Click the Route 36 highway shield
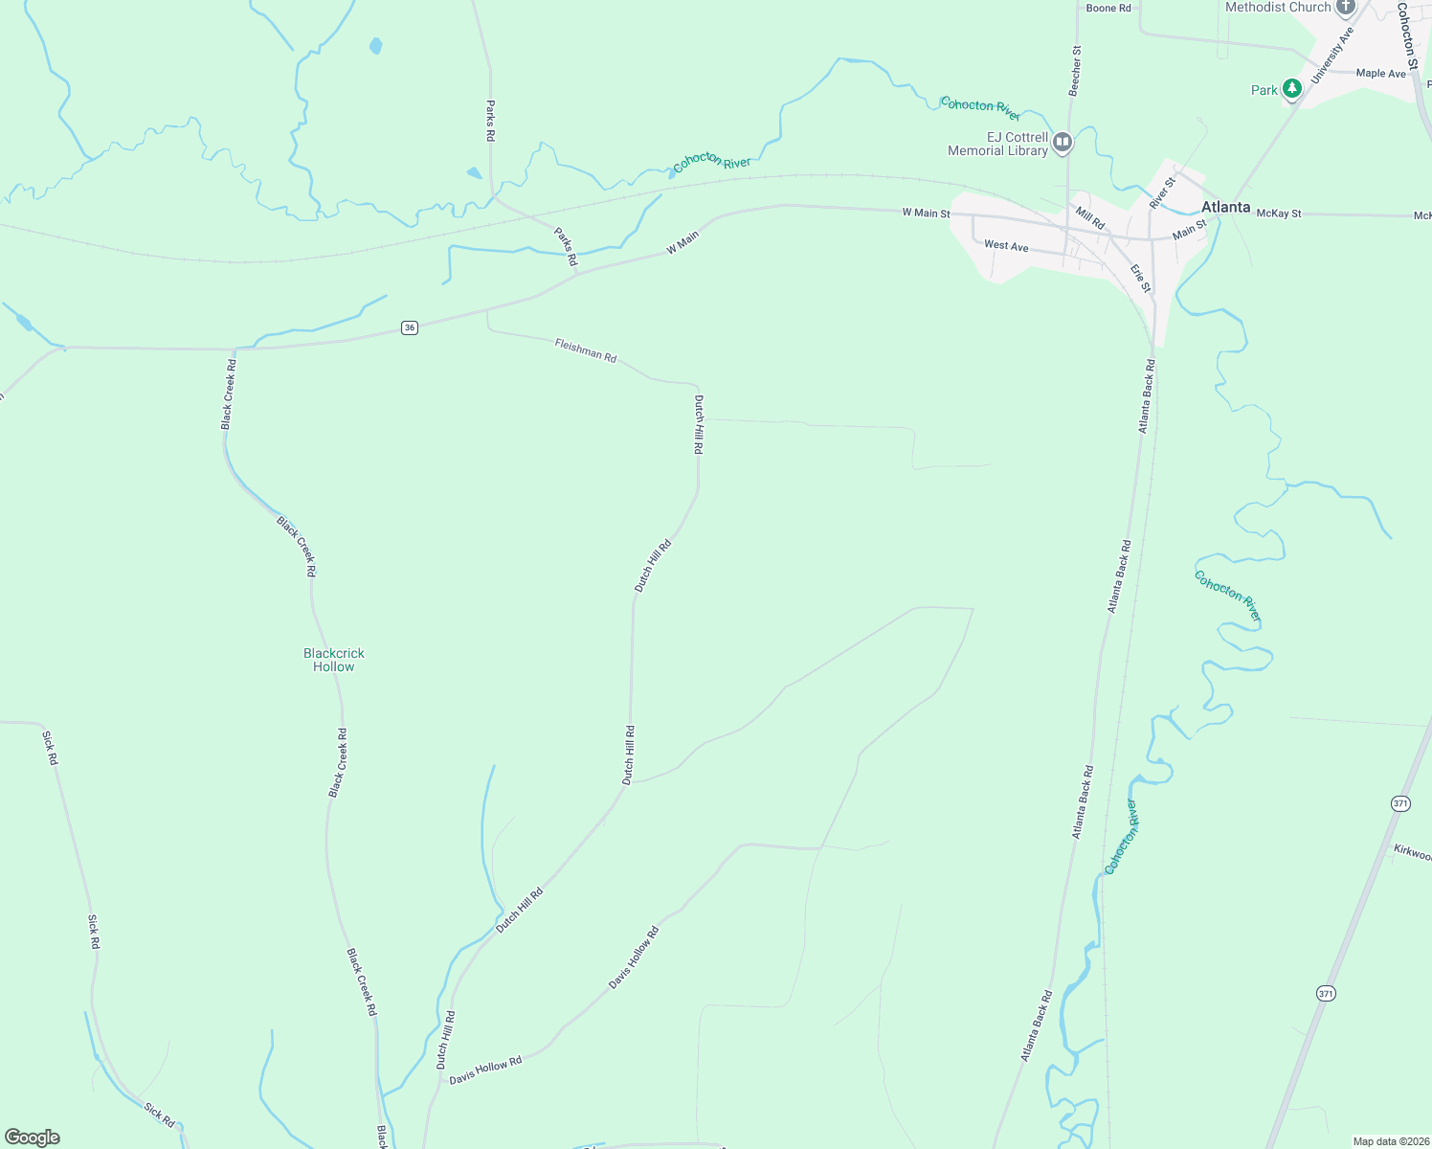410,327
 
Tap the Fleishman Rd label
585,349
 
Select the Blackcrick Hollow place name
334,660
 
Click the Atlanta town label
1225,207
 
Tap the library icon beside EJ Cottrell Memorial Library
1062,144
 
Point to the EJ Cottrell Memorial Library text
997,144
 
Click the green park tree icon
1292,89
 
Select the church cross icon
1346,8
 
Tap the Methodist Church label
1278,7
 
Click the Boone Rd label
1108,8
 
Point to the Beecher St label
1075,70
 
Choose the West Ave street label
1006,246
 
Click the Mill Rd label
1089,217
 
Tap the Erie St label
1140,278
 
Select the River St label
1162,193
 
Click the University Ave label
1332,56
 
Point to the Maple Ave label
1380,73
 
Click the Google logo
33,1138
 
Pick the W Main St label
926,213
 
